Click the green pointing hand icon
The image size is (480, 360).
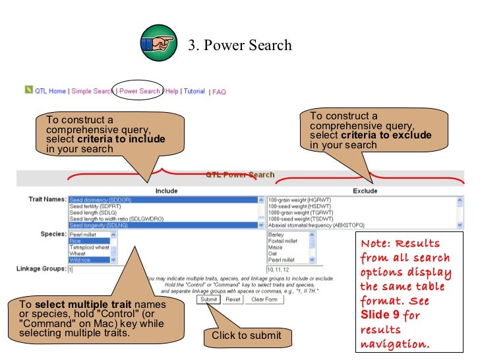(x=158, y=44)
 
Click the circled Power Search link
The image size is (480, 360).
(x=139, y=91)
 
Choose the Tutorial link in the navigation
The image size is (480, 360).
(x=194, y=91)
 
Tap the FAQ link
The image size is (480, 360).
(x=219, y=92)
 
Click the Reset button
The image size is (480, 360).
(x=233, y=299)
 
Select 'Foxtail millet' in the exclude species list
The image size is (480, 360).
(x=283, y=241)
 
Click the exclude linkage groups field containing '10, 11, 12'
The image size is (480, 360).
(x=303, y=269)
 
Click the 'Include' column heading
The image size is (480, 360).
(x=166, y=191)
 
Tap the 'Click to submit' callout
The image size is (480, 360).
(x=246, y=336)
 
